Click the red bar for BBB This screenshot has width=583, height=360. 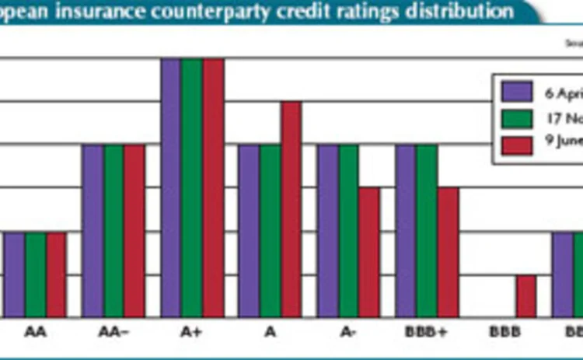(x=526, y=296)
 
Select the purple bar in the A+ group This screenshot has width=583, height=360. (x=171, y=187)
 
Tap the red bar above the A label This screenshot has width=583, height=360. (x=291, y=208)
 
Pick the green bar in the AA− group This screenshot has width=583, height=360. (x=113, y=230)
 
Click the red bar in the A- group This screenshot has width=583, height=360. (x=369, y=252)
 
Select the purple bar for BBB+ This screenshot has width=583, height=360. (x=406, y=230)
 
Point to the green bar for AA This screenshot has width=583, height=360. (x=36, y=274)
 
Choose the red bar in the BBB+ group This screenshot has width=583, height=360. (x=448, y=252)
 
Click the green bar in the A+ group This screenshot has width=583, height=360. (x=192, y=187)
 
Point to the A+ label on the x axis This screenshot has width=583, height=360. (x=191, y=332)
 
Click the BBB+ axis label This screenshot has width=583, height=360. (x=425, y=332)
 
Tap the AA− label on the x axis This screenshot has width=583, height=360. (x=113, y=332)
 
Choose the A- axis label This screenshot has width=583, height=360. (x=348, y=332)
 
